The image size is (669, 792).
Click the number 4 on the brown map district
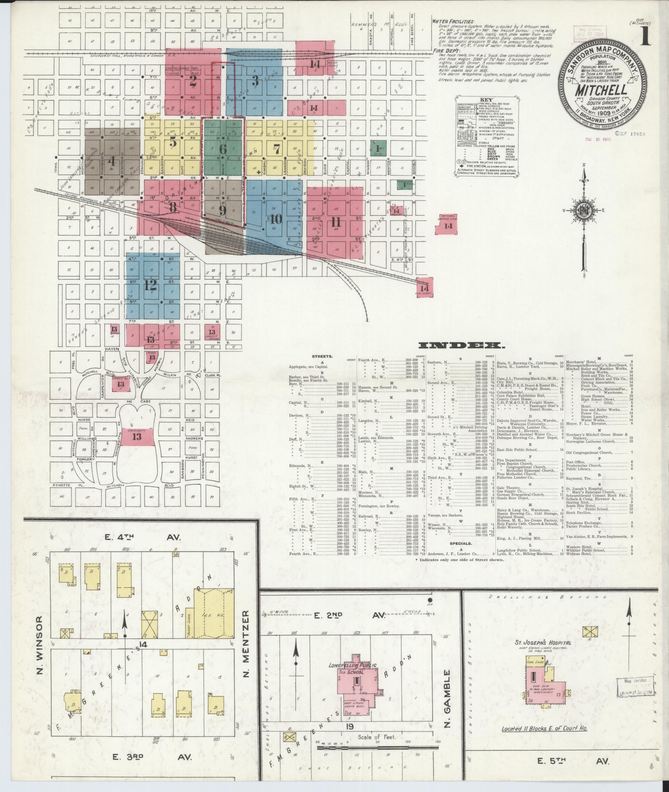[111, 161]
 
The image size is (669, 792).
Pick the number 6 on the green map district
[223, 150]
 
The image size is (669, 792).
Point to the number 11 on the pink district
[336, 222]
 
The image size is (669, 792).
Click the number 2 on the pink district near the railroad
[193, 81]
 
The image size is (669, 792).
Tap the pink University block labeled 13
[136, 436]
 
